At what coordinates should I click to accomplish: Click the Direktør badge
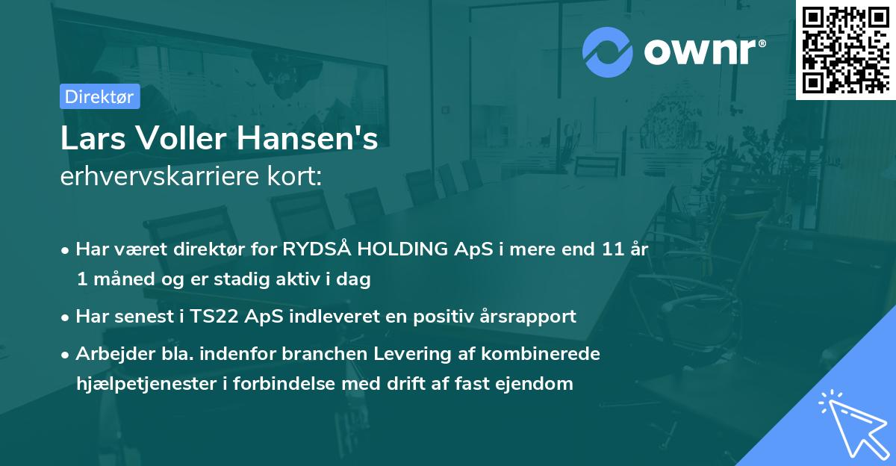coord(99,96)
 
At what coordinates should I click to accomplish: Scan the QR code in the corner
coord(845,50)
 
